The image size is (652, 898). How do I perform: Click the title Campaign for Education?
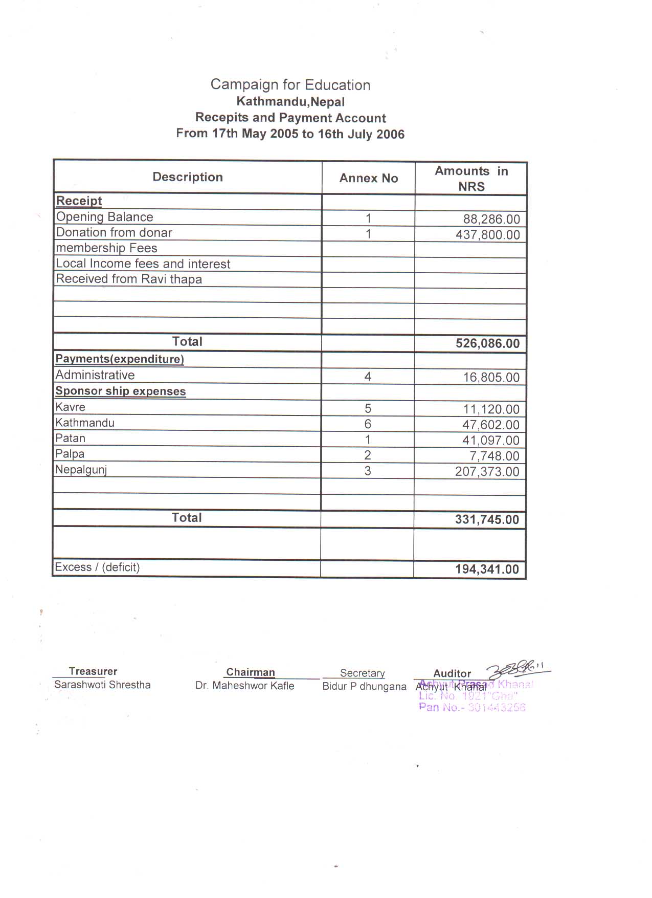tap(290, 85)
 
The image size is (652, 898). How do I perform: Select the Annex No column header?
tap(368, 178)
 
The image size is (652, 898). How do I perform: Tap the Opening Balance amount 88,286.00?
tap(491, 220)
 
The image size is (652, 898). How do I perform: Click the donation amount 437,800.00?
tap(487, 235)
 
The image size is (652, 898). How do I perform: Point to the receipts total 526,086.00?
tap(487, 343)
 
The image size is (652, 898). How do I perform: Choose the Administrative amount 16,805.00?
tap(491, 378)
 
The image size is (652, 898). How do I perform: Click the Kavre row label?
tap(71, 407)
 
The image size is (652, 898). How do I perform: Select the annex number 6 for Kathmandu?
tap(367, 424)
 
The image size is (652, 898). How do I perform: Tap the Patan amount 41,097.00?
tap(490, 441)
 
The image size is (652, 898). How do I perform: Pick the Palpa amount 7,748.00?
tap(494, 456)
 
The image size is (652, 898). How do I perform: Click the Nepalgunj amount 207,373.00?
tap(487, 472)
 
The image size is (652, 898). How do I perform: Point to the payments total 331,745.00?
tap(487, 520)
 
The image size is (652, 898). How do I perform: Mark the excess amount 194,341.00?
tap(487, 570)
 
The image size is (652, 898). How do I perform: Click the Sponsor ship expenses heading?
tap(121, 391)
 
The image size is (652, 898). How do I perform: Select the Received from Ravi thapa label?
tap(129, 279)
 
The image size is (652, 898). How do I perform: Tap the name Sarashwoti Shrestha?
tap(102, 685)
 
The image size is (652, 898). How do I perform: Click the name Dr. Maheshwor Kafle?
tap(244, 686)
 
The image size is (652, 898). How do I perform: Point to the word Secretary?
tap(362, 673)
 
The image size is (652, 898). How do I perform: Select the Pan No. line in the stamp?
tap(471, 708)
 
